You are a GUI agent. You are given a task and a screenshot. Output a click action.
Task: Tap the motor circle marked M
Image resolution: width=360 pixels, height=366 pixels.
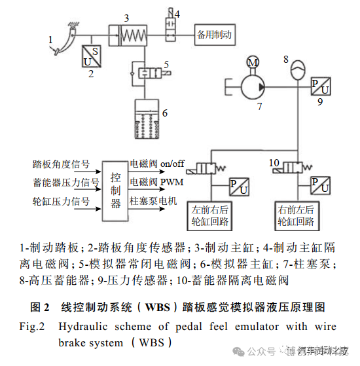pyautogui.click(x=253, y=62)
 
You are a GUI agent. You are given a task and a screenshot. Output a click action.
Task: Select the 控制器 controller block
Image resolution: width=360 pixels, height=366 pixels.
pyautogui.click(x=115, y=191)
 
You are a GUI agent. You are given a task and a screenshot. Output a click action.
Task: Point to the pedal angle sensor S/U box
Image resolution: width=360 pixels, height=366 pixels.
pyautogui.click(x=92, y=56)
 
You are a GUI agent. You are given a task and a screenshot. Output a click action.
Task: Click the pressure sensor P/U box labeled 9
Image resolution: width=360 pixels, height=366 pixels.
pyautogui.click(x=321, y=86)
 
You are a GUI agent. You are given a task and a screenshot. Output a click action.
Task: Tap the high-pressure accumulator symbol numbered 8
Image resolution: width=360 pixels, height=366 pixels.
pyautogui.click(x=298, y=69)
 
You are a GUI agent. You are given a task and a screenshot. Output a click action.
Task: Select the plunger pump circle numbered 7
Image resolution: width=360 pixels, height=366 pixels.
pyautogui.click(x=253, y=87)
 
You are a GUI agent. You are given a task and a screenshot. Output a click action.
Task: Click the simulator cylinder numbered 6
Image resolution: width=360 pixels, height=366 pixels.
pyautogui.click(x=147, y=119)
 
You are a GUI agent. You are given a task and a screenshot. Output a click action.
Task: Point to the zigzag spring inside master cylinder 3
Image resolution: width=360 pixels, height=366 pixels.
pyautogui.click(x=134, y=35)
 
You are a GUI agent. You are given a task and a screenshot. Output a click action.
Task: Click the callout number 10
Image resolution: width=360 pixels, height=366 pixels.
pyautogui.click(x=274, y=162)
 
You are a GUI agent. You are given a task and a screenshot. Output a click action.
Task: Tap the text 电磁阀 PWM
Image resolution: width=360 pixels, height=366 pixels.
pyautogui.click(x=156, y=182)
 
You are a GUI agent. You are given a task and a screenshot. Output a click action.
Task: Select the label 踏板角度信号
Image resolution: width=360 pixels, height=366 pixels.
pyautogui.click(x=61, y=164)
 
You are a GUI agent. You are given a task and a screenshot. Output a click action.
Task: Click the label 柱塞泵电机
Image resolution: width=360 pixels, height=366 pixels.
pyautogui.click(x=153, y=201)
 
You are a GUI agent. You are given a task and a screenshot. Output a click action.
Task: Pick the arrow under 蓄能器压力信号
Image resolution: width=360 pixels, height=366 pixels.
pyautogui.click(x=88, y=189)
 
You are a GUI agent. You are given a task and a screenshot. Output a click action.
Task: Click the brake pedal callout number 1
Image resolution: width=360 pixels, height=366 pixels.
pyautogui.click(x=50, y=40)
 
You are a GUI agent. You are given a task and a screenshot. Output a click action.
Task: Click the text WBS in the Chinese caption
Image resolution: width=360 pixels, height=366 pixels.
pyautogui.click(x=158, y=307)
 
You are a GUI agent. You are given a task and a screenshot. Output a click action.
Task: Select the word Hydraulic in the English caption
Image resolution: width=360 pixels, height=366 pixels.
pyautogui.click(x=83, y=326)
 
